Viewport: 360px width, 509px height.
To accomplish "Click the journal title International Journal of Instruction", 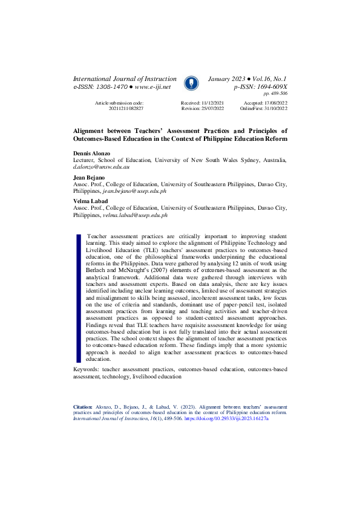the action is click(125, 79).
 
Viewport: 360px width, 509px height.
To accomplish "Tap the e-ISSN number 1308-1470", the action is click(112, 87).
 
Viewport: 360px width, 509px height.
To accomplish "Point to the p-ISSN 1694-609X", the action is click(265, 87).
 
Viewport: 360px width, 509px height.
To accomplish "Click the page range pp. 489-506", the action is click(275, 94).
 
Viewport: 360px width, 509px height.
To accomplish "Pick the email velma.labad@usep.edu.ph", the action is click(136, 215).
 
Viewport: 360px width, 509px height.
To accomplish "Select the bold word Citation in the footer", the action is click(83, 407).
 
